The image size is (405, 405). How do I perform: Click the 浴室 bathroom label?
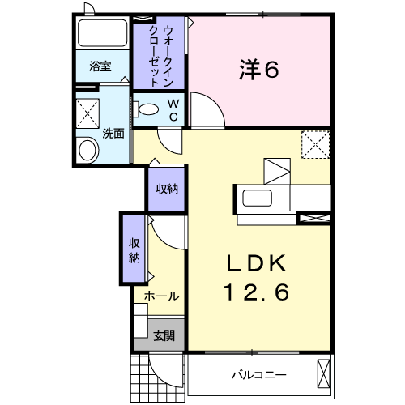(x=100, y=67)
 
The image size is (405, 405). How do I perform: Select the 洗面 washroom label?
(x=113, y=134)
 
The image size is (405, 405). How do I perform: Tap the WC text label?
(x=173, y=109)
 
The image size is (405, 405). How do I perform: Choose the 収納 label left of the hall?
(x=134, y=249)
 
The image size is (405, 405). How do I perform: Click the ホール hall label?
(x=161, y=296)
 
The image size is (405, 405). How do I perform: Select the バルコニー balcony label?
(x=258, y=375)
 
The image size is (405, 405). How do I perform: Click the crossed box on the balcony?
(x=323, y=374)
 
